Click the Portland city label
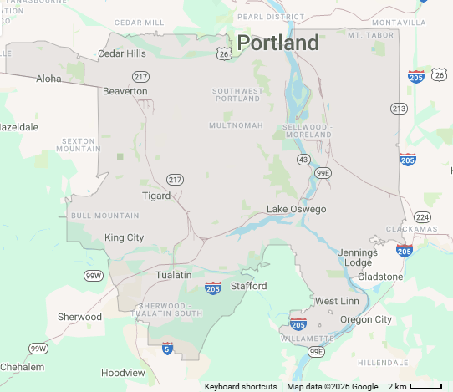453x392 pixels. pyautogui.click(x=277, y=43)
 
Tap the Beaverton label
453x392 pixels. pyautogui.click(x=125, y=91)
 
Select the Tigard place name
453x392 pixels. pyautogui.click(x=155, y=196)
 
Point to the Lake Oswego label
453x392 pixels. pyautogui.click(x=296, y=209)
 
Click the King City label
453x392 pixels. pyautogui.click(x=124, y=237)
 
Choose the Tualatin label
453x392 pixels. pyautogui.click(x=173, y=275)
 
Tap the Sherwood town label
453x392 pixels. pyautogui.click(x=79, y=317)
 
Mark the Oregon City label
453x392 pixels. pyautogui.click(x=365, y=319)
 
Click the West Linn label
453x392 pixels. pyautogui.click(x=336, y=301)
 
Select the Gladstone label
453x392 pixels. pyautogui.click(x=380, y=277)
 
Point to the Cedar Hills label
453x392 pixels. pyautogui.click(x=122, y=53)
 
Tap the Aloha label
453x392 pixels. pyautogui.click(x=48, y=79)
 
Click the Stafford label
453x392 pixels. pyautogui.click(x=248, y=286)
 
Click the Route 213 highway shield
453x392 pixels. pyautogui.click(x=399, y=109)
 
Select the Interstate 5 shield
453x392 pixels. pyautogui.click(x=167, y=347)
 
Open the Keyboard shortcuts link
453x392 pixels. pyautogui.click(x=241, y=386)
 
